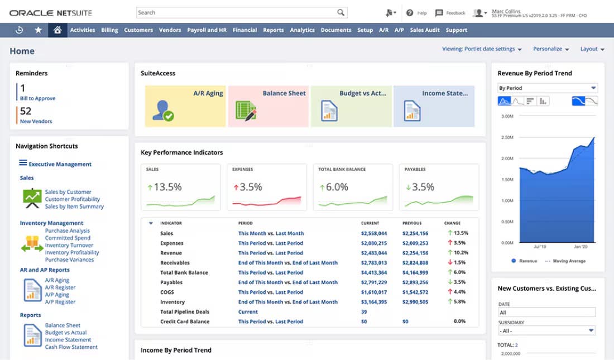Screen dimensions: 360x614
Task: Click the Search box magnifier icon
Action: pyautogui.click(x=340, y=12)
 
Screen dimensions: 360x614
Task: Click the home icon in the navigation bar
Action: pyautogui.click(x=57, y=30)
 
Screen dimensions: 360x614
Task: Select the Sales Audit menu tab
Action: pyautogui.click(x=425, y=30)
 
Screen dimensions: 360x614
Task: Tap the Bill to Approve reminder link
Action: pyautogui.click(x=37, y=98)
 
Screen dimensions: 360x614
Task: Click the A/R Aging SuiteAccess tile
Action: pyautogui.click(x=185, y=106)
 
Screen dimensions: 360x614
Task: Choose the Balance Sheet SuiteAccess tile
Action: pyautogui.click(x=268, y=106)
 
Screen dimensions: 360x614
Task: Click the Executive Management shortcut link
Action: pyautogui.click(x=60, y=164)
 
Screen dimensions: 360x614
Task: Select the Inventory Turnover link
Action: pyautogui.click(x=69, y=245)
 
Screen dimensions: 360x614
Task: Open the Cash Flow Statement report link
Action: pyautogui.click(x=71, y=347)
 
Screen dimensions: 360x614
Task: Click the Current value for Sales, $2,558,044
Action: pyautogui.click(x=373, y=233)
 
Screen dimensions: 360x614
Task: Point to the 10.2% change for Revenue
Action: pyautogui.click(x=461, y=253)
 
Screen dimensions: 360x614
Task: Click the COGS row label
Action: pyautogui.click(x=167, y=292)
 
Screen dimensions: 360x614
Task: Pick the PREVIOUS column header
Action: pyautogui.click(x=412, y=223)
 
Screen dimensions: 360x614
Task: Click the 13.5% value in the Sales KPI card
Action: pyautogui.click(x=167, y=187)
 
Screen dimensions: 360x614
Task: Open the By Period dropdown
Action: pyautogui.click(x=547, y=88)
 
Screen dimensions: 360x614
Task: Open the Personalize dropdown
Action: pyautogui.click(x=550, y=49)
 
